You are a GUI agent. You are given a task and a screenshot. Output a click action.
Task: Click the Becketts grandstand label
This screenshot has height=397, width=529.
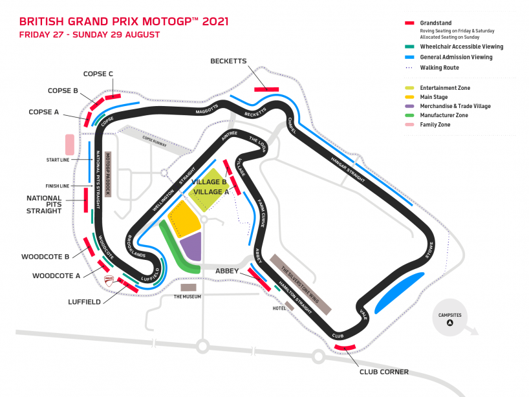point(228,61)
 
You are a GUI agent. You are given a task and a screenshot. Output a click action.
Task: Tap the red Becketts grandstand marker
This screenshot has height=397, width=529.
point(266,89)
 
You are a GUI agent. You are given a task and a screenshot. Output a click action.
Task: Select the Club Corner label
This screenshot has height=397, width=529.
point(384,372)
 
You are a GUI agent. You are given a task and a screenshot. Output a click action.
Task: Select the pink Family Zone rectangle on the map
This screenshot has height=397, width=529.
point(69,144)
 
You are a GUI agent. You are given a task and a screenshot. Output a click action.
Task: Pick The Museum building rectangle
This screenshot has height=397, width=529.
point(188,286)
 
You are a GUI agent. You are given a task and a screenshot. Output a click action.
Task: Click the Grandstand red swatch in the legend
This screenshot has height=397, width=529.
point(409,23)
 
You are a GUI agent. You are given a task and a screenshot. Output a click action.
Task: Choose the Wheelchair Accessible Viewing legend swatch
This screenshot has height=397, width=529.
point(409,47)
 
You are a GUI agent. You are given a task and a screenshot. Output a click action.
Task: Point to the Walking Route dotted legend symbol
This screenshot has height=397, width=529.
point(409,67)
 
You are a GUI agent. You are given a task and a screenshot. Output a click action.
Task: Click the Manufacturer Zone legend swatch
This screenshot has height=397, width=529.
point(409,115)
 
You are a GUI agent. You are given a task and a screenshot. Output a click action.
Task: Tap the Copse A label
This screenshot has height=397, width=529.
point(44,112)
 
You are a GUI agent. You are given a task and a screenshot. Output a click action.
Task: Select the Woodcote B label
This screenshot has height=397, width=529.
point(45,257)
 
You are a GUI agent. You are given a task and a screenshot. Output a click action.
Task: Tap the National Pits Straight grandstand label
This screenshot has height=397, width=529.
point(44,204)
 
